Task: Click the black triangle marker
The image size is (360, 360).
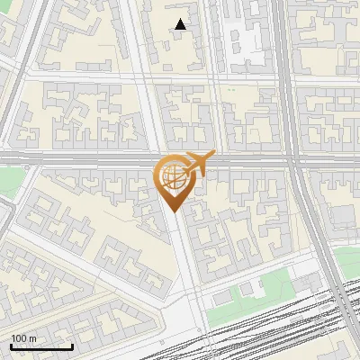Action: pyautogui.click(x=181, y=24)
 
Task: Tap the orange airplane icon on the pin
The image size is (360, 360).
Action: pyautogui.click(x=201, y=163)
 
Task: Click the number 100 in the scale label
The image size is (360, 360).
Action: pyautogui.click(x=20, y=337)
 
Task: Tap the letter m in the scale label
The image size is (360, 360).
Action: pyautogui.click(x=33, y=337)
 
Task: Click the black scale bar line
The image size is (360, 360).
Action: pyautogui.click(x=40, y=346)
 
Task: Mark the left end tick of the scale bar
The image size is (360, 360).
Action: pyautogui.click(x=10, y=345)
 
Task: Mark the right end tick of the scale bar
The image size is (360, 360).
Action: pyautogui.click(x=72, y=345)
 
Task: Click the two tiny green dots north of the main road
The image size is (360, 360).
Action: pyautogui.click(x=230, y=90)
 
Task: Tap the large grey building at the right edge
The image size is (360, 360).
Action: pyautogui.click(x=346, y=216)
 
